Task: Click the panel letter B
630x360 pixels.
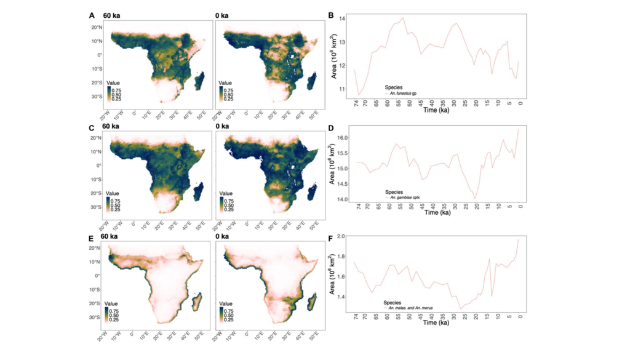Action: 332,15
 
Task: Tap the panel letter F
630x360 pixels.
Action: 332,241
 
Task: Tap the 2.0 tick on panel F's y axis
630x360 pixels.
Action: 343,237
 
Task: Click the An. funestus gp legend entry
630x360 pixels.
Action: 403,93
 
